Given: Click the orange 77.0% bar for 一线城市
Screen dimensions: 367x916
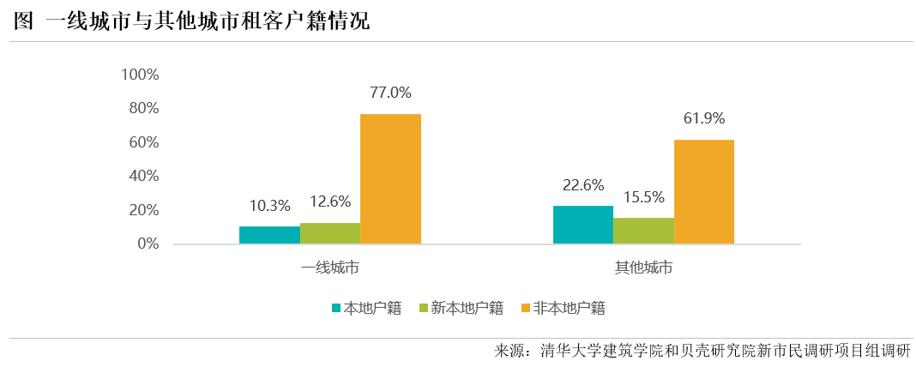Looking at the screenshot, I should click(x=390, y=178).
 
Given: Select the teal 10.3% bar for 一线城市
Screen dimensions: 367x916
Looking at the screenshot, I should click(x=269, y=235).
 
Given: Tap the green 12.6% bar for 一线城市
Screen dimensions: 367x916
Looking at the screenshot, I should click(x=330, y=233).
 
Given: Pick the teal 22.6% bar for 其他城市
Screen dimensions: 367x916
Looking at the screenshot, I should click(x=583, y=225).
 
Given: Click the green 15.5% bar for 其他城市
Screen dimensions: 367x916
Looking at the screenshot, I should click(x=643, y=231).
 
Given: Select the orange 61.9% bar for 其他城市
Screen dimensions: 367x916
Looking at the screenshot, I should click(x=704, y=191).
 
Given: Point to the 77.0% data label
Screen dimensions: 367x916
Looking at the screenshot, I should click(x=390, y=93).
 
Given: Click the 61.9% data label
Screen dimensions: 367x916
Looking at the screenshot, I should click(x=704, y=118).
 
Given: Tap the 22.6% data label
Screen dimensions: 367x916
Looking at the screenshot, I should click(x=583, y=185).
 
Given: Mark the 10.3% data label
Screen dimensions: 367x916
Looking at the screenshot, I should click(x=269, y=206).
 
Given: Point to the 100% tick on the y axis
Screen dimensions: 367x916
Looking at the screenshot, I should click(x=141, y=75).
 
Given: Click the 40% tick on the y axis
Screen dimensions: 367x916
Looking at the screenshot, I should click(x=145, y=176).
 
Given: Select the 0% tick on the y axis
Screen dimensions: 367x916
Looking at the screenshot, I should click(x=148, y=244).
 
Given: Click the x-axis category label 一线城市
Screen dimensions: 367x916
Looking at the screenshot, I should click(x=330, y=268).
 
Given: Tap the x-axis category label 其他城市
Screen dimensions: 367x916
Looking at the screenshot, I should click(x=643, y=268).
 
